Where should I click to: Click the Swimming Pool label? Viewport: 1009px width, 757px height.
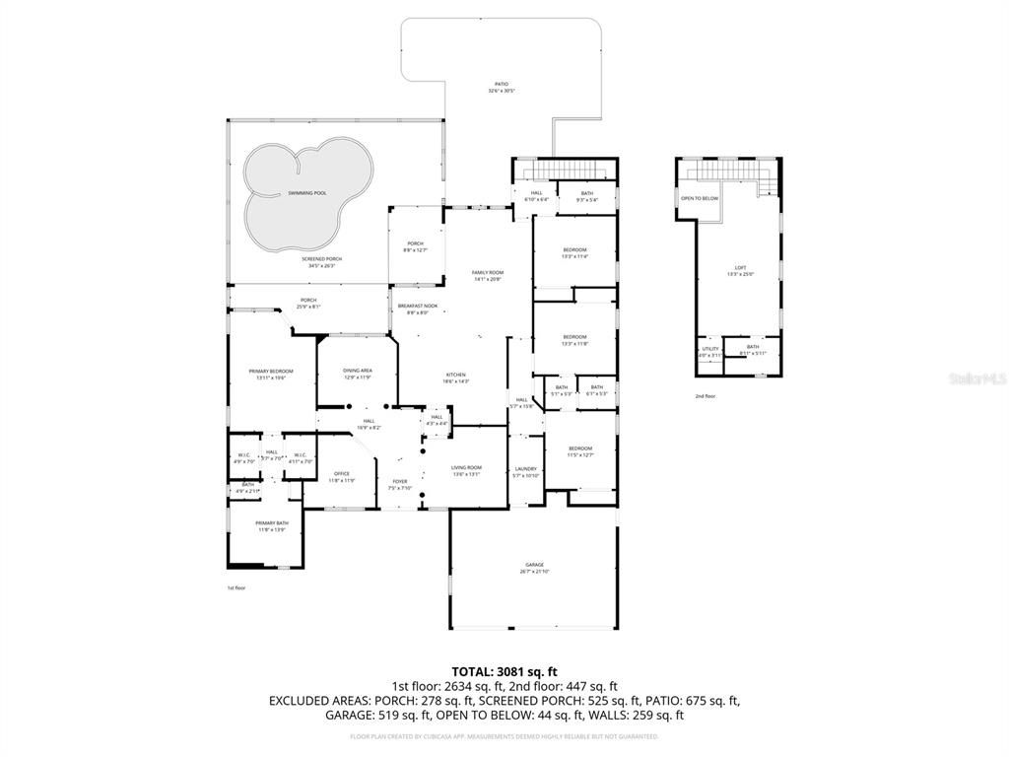point(307,193)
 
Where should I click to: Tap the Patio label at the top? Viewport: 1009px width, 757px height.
point(503,85)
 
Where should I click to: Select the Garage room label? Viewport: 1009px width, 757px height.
point(533,566)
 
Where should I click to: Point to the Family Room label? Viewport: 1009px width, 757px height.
point(487,274)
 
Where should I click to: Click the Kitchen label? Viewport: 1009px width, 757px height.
point(455,377)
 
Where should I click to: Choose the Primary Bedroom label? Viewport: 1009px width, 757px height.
point(270,373)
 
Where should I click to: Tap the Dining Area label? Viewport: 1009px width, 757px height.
point(357,372)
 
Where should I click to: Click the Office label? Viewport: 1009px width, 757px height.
point(341,475)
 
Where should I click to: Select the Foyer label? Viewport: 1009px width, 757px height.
point(399,483)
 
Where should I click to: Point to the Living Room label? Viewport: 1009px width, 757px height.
point(466,469)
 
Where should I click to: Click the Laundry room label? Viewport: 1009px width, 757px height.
point(525,470)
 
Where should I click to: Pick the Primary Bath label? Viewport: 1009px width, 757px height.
point(272,524)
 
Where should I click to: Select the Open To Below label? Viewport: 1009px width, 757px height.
point(700,198)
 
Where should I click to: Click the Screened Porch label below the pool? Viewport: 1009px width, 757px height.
point(318,259)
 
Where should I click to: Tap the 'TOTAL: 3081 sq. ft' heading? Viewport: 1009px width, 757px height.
point(504,671)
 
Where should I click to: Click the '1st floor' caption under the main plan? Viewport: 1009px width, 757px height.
point(236,587)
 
